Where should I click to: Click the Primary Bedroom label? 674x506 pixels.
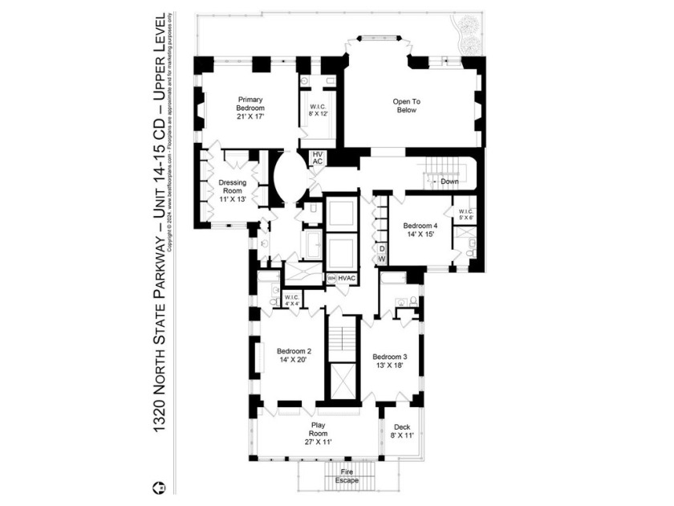250,108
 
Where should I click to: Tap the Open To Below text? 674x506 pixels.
406,106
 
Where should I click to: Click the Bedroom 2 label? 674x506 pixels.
294,356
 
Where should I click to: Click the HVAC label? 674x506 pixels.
347,278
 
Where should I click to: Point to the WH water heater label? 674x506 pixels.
331,278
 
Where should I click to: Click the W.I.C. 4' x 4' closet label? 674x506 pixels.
291,300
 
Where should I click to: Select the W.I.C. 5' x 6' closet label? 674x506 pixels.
466,215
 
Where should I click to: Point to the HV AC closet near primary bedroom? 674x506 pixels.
318,157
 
